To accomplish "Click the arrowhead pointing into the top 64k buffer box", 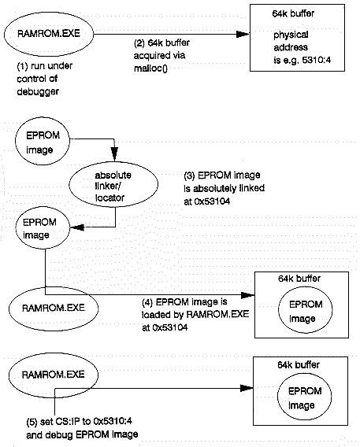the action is click(x=243, y=34).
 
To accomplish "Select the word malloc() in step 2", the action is click(x=150, y=68).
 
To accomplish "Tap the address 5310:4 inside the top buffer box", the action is click(x=317, y=60).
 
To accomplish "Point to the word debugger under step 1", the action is click(x=38, y=92).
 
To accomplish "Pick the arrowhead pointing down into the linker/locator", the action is click(x=114, y=154).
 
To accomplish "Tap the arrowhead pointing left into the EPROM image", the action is click(x=76, y=227).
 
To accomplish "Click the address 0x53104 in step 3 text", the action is click(x=212, y=201).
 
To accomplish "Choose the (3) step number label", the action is click(x=189, y=175).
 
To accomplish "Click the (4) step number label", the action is click(x=147, y=302).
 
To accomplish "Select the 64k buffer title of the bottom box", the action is click(x=299, y=364).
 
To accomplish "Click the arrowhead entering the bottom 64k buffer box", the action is click(x=247, y=388).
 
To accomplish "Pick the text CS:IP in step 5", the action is click(x=68, y=421).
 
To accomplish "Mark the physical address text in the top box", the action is click(x=291, y=41).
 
